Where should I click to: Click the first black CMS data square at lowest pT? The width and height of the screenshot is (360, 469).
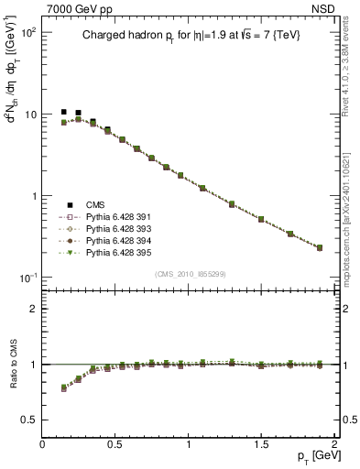point(64,112)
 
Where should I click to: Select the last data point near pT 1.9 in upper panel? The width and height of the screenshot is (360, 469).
point(320,247)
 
